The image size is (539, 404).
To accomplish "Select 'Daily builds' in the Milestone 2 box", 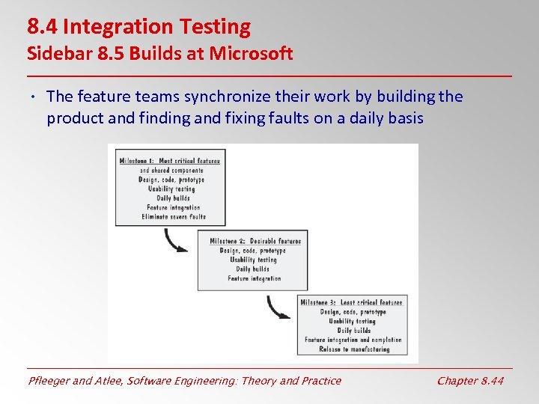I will click(x=253, y=269).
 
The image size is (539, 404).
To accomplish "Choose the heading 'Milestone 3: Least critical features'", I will click(x=351, y=302).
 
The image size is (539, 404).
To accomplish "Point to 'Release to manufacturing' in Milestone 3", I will click(x=354, y=349).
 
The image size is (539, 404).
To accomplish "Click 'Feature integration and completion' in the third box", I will click(x=353, y=340).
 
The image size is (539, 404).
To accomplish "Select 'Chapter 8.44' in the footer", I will click(x=470, y=381).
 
